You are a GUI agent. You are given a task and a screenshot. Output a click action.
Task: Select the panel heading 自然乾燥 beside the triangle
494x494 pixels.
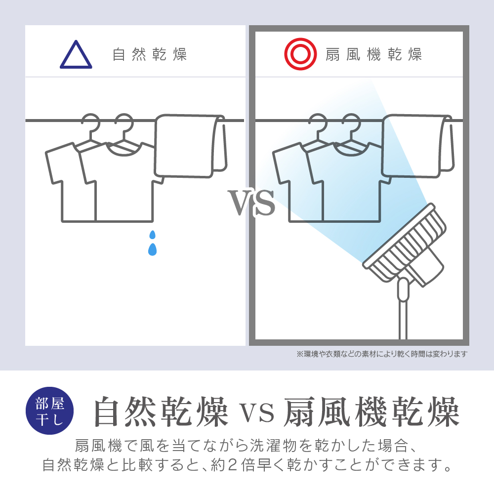pyautogui.click(x=150, y=54)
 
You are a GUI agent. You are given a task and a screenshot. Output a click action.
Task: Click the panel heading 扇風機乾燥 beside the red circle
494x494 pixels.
pyautogui.click(x=373, y=54)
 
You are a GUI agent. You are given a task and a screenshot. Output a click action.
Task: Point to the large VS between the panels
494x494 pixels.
pyautogui.click(x=251, y=202)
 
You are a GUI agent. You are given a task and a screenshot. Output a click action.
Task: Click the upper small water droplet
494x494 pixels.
pyautogui.click(x=153, y=235)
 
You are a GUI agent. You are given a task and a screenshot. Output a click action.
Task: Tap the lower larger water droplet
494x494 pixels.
pyautogui.click(x=153, y=249)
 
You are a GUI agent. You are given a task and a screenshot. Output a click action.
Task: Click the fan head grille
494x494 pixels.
pyautogui.click(x=405, y=243)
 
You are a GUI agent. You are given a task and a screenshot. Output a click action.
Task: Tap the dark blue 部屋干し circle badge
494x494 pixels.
pyautogui.click(x=49, y=411)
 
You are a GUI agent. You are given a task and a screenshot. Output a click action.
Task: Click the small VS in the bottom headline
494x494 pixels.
pyautogui.click(x=257, y=413)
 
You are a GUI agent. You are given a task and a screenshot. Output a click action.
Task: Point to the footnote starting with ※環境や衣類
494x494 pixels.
pyautogui.click(x=382, y=354)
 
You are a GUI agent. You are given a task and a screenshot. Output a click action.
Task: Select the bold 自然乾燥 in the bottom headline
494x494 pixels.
pyautogui.click(x=162, y=412)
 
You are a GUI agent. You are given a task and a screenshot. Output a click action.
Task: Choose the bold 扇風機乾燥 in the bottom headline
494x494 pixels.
pyautogui.click(x=372, y=412)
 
